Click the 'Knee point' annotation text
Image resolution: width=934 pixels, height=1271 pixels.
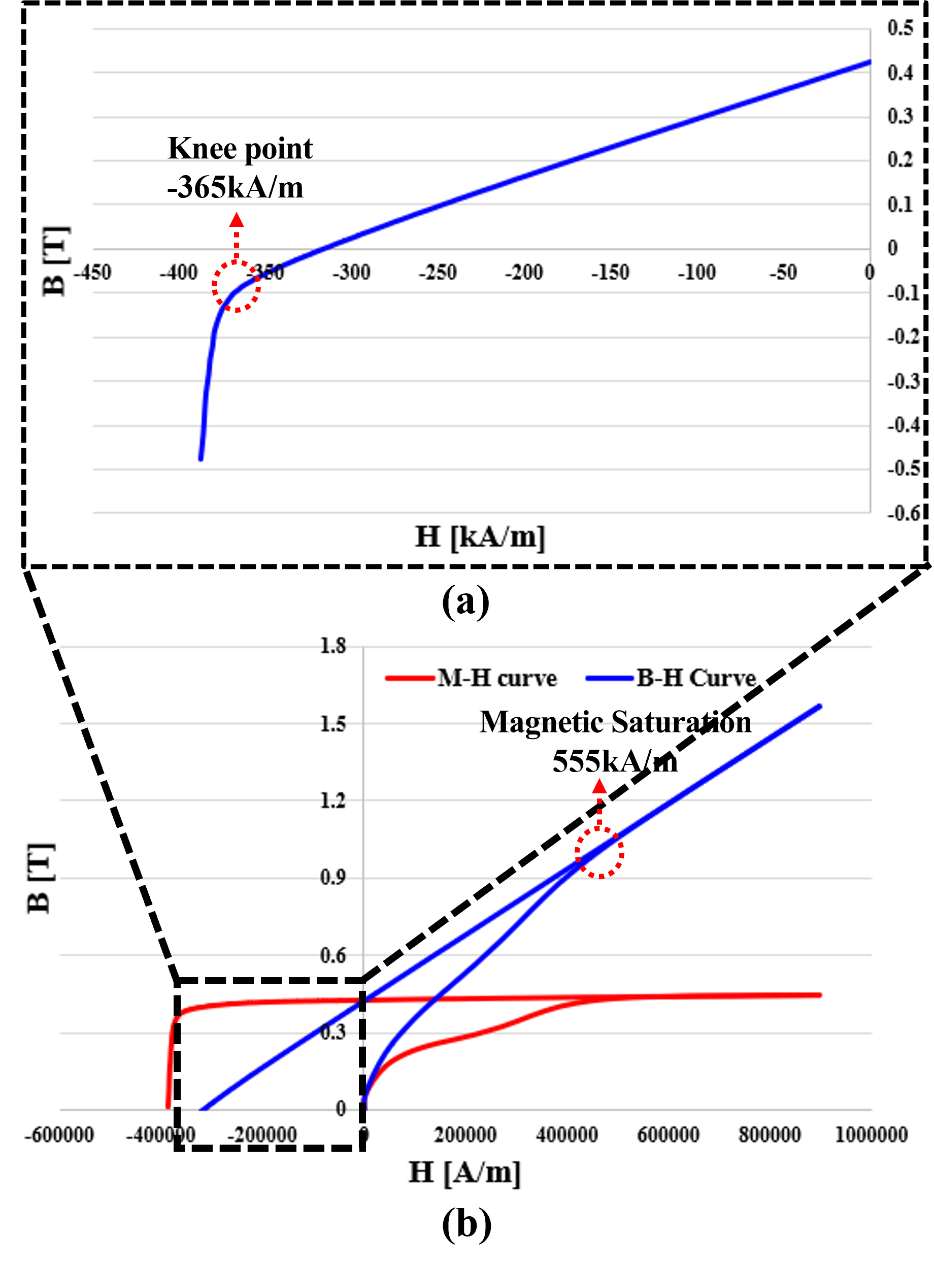click(240, 149)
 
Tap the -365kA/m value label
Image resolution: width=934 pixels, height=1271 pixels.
click(235, 187)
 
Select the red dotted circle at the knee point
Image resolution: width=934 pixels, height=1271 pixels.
click(237, 286)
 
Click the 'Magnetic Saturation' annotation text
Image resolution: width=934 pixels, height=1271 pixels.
click(615, 723)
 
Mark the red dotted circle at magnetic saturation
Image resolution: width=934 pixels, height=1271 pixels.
click(599, 853)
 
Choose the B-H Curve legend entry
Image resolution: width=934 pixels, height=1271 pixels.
click(671, 678)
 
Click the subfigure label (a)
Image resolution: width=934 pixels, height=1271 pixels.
click(465, 601)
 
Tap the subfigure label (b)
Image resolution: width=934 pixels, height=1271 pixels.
click(466, 1225)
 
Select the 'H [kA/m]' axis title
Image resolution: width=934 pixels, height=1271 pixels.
click(480, 536)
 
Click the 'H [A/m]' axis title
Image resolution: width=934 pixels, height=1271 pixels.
click(465, 1172)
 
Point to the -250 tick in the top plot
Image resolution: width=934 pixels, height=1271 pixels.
click(437, 273)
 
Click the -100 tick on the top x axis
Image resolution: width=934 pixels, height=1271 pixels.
click(696, 273)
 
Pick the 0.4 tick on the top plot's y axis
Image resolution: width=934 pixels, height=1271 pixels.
click(900, 73)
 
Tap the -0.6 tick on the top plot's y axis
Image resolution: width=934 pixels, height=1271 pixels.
click(904, 513)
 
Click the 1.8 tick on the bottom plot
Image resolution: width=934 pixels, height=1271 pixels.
click(332, 646)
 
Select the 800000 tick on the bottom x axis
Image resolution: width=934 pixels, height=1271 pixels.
click(770, 1135)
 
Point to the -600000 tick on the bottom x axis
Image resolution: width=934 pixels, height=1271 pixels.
click(59, 1135)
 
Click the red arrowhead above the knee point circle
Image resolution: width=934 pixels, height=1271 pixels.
click(237, 220)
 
